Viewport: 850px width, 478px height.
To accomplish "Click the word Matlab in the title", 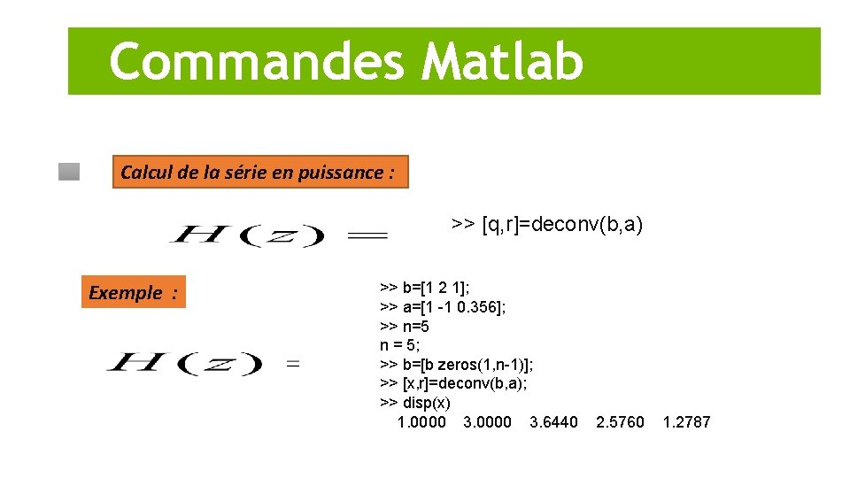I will pyautogui.click(x=503, y=61).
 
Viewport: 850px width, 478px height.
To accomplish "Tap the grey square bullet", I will pyautogui.click(x=69, y=172).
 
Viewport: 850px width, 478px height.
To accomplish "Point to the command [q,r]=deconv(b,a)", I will pyautogui.click(x=547, y=224).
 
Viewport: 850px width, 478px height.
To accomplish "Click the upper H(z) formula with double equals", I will pyautogui.click(x=278, y=235).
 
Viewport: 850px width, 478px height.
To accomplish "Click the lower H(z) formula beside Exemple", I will pyautogui.click(x=202, y=363).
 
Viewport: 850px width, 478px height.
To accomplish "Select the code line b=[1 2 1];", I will pyautogui.click(x=425, y=288).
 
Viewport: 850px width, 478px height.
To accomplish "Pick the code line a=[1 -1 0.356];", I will pyautogui.click(x=443, y=307).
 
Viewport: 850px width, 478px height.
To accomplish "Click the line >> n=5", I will pyautogui.click(x=405, y=327).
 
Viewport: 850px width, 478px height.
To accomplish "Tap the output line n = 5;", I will pyautogui.click(x=400, y=345).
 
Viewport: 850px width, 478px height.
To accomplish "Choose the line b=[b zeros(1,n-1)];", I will pyautogui.click(x=456, y=365).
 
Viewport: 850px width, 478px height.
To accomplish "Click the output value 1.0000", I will pyautogui.click(x=422, y=422).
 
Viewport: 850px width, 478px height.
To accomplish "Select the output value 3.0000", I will pyautogui.click(x=487, y=422).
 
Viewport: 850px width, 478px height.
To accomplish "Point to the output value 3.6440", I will pyautogui.click(x=553, y=422).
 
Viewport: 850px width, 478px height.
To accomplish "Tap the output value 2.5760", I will pyautogui.click(x=620, y=422).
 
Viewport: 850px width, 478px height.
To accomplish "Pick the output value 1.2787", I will pyautogui.click(x=686, y=422).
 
